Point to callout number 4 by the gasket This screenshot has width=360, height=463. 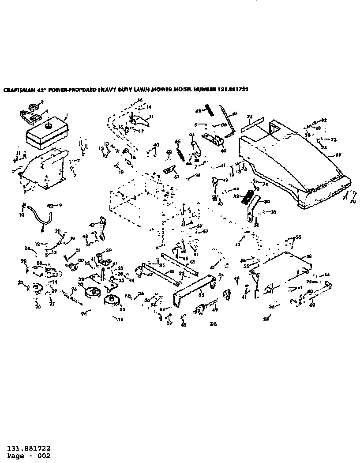(47, 111)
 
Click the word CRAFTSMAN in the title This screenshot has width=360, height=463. (16, 89)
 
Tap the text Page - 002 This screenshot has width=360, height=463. (28, 456)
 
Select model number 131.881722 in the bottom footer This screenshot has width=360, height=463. (28, 448)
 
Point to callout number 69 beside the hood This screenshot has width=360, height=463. (339, 154)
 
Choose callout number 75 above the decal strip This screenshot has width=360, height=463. (249, 117)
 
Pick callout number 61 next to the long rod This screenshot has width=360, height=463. (235, 113)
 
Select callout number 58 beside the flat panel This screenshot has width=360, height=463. (309, 256)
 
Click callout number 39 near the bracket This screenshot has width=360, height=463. (109, 250)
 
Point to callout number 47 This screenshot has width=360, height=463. (150, 274)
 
